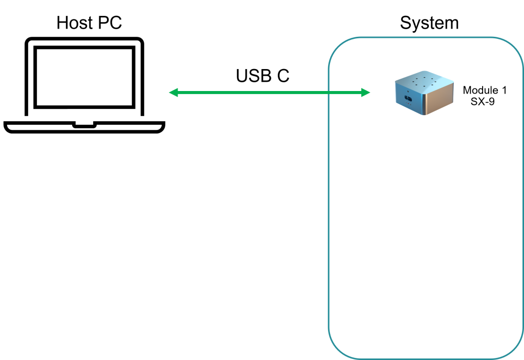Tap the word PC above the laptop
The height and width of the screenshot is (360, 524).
point(110,22)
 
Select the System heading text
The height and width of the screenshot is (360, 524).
point(429,23)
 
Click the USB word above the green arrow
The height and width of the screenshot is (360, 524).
point(254,76)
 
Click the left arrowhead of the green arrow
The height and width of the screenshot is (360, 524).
point(173,93)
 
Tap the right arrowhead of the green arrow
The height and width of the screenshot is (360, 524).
point(365,93)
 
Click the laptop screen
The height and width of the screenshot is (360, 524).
point(84,77)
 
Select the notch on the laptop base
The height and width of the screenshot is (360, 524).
point(84,126)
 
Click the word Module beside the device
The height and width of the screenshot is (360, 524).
point(481,90)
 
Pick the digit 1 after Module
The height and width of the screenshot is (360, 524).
point(504,90)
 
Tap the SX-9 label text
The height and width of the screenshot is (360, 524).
point(483,101)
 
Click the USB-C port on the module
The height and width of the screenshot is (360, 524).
point(408,98)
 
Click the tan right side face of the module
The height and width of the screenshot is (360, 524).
point(439,98)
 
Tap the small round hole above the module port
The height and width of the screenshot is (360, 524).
point(408,91)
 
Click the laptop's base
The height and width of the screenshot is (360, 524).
point(84,127)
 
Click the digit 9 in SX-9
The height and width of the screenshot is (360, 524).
point(492,101)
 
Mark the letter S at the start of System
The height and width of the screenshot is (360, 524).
point(405,22)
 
